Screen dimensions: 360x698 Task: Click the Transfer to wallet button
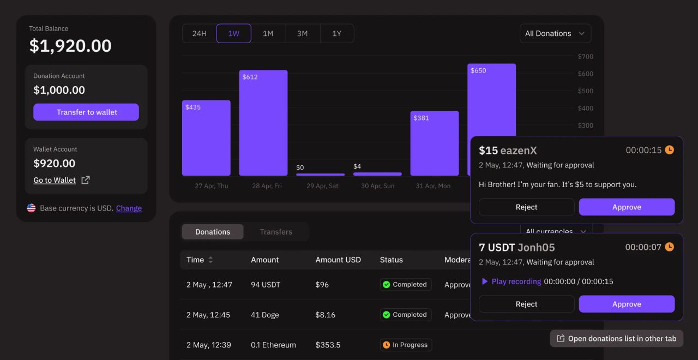tap(86, 112)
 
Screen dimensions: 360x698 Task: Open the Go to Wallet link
tap(55, 181)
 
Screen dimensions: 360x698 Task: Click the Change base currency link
tap(129, 208)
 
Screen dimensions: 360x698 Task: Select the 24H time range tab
tap(199, 34)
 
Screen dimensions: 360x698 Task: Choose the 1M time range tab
tap(268, 34)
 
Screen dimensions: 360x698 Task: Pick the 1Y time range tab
tap(336, 34)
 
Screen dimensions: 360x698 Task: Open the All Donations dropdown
tap(555, 34)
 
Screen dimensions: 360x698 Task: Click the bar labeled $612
tap(263, 123)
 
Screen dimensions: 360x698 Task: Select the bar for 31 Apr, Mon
tap(434, 143)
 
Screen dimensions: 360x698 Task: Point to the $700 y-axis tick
tap(585, 57)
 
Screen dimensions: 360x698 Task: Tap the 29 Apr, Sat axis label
tap(322, 186)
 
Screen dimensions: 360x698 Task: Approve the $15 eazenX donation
tap(626, 207)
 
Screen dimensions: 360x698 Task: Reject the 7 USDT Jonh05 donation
tap(526, 304)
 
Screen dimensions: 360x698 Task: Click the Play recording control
tap(511, 282)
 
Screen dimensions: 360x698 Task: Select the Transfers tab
tap(276, 232)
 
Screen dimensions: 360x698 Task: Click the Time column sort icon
tap(210, 260)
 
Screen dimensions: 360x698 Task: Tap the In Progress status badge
tap(406, 345)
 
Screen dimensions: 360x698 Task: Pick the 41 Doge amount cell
tap(264, 315)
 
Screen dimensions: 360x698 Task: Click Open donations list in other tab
tap(616, 339)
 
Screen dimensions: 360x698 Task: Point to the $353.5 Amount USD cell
tap(328, 345)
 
